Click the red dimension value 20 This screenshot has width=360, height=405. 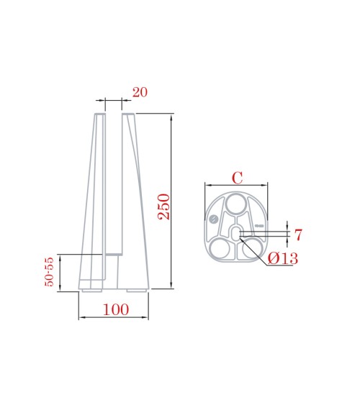pos(140,92)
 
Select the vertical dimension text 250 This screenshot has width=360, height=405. pos(163,206)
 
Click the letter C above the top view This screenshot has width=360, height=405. pos(236,177)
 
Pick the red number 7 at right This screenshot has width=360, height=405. pos(298,235)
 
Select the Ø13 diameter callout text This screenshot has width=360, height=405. pos(282,258)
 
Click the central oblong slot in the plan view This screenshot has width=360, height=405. pos(235,231)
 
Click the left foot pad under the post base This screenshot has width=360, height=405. pos(90,291)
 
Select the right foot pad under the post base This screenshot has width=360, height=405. pos(137,291)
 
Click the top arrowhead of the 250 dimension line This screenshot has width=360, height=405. pos(171,117)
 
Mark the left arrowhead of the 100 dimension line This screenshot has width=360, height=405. pos(81,317)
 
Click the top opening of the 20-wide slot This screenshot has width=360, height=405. pos(114,114)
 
